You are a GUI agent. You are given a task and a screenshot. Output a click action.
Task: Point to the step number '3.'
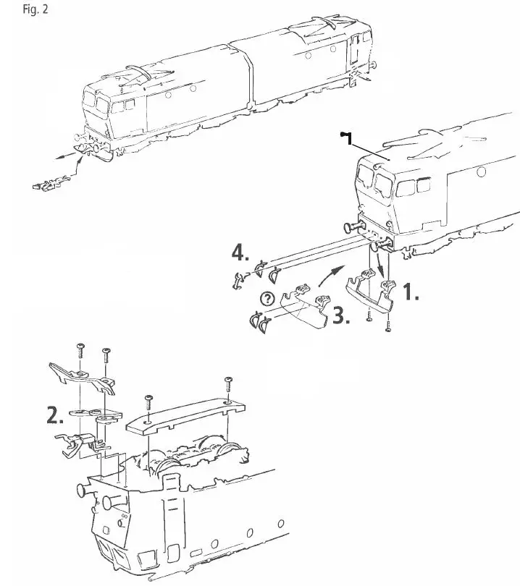tap(341, 316)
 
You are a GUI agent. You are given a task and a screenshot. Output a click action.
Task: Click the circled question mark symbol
tap(267, 297)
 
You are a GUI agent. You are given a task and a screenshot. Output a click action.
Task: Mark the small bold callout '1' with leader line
tap(345, 135)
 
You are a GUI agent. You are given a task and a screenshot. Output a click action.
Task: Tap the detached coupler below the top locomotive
tap(43, 185)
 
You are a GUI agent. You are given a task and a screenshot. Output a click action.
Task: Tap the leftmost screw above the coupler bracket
tap(80, 350)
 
